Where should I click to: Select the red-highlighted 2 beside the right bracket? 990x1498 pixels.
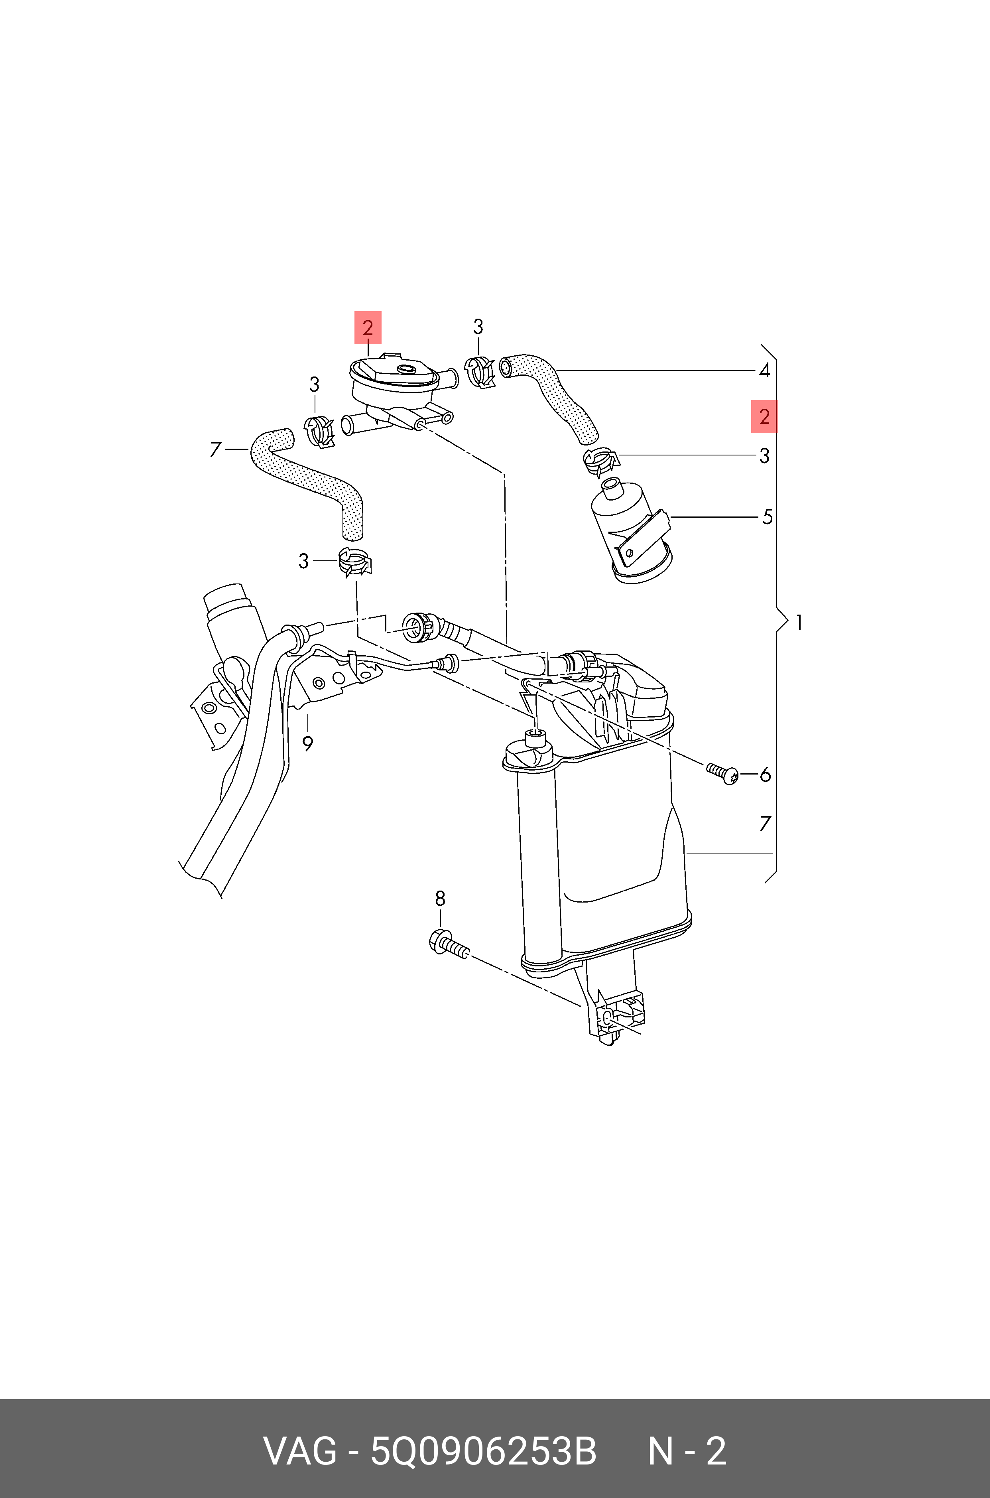click(x=764, y=417)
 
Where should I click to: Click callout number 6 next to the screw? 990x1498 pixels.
click(x=765, y=774)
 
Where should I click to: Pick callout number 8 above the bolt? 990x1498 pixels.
click(x=440, y=898)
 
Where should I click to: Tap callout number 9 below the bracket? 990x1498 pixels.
click(x=307, y=744)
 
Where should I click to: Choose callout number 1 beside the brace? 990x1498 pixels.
click(x=799, y=623)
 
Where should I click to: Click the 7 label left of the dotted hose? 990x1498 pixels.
click(x=215, y=449)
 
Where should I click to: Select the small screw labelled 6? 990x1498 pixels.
click(x=723, y=773)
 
